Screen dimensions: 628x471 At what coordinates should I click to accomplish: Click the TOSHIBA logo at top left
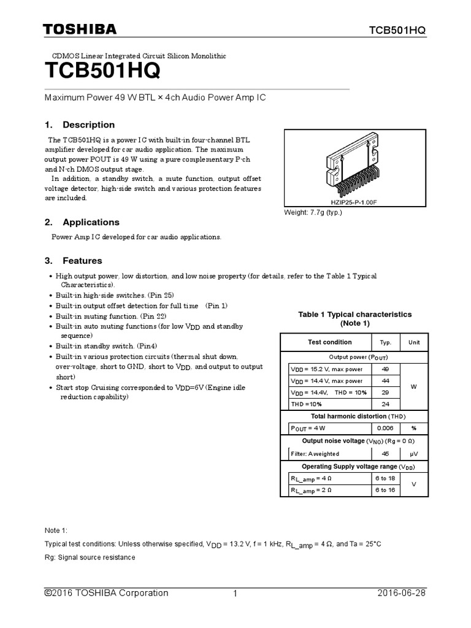[x=79, y=29]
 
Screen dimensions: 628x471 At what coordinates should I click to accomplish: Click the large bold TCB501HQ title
[x=103, y=72]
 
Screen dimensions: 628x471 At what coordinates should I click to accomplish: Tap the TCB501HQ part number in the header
[x=397, y=31]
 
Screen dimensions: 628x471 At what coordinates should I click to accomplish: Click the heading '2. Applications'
[x=82, y=222]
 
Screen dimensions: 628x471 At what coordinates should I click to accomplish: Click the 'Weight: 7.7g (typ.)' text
[x=313, y=212]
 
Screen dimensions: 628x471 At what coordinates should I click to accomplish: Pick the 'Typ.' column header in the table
[x=385, y=342]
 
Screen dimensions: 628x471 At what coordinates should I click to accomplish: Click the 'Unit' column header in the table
[x=414, y=342]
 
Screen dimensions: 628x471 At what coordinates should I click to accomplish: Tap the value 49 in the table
[x=385, y=369]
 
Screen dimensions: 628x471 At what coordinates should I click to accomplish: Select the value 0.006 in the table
[x=385, y=428]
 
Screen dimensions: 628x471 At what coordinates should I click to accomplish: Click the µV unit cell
[x=414, y=454]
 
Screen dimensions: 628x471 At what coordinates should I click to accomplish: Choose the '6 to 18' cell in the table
[x=385, y=478]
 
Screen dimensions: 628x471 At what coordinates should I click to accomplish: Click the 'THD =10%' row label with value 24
[x=307, y=404]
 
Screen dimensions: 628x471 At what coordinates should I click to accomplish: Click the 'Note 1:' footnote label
[x=56, y=530]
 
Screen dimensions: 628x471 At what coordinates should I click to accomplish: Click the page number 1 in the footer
[x=235, y=594]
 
